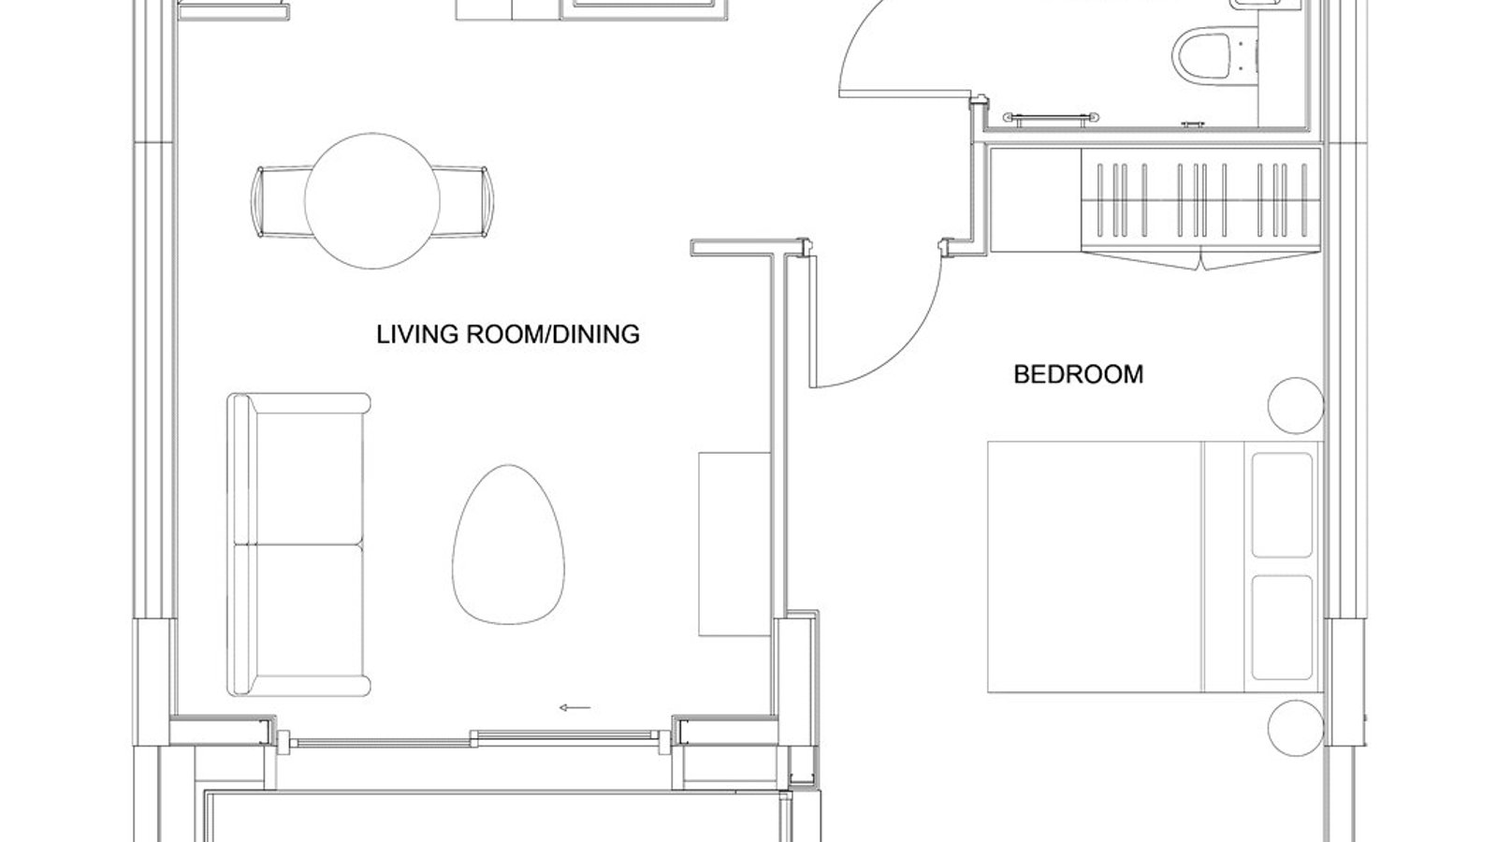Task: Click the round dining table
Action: click(x=372, y=200)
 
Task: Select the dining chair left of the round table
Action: click(x=280, y=201)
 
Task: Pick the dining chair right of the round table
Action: click(x=462, y=201)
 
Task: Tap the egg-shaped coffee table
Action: click(x=508, y=544)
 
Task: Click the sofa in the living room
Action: click(x=298, y=544)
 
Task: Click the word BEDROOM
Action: click(x=1078, y=374)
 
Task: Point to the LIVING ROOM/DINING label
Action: click(x=508, y=334)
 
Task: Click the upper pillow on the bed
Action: click(x=1282, y=505)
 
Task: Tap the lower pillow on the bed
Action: click(x=1282, y=628)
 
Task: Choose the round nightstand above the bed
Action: click(x=1296, y=406)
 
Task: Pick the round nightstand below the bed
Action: click(x=1296, y=729)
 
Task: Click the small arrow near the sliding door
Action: click(x=574, y=707)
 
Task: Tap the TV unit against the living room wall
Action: click(x=734, y=544)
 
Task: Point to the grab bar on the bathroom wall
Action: click(x=1051, y=118)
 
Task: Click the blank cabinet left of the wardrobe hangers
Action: click(x=1035, y=200)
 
